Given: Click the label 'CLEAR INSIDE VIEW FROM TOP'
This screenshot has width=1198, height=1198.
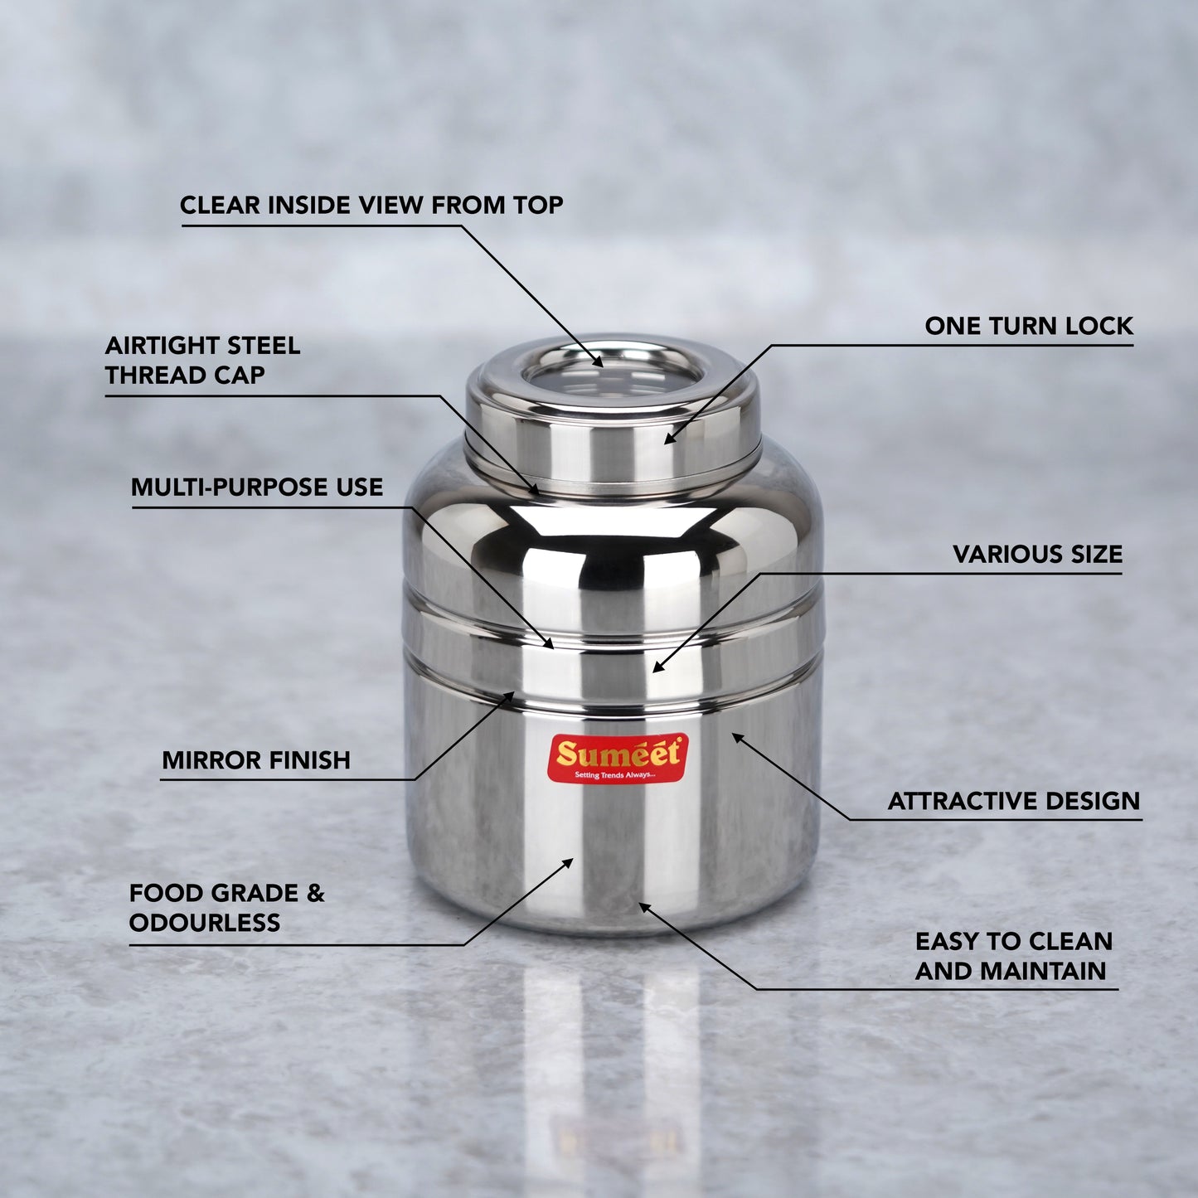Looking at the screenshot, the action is [x=371, y=205].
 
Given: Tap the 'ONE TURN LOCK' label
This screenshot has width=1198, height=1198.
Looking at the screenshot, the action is [x=1029, y=327].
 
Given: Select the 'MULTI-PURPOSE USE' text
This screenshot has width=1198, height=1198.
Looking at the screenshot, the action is [x=257, y=487].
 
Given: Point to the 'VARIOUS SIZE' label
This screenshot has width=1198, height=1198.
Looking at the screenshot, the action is [x=1038, y=554].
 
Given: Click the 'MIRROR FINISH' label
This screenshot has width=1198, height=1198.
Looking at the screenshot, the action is [x=256, y=760].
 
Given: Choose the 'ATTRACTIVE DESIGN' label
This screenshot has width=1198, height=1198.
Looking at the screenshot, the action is [x=1014, y=801].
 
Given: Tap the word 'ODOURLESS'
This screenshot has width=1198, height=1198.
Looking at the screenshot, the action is [x=205, y=923].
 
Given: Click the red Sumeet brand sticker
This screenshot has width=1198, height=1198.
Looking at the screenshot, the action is [x=618, y=758].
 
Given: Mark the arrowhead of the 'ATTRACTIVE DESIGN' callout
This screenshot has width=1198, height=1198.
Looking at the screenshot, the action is [x=738, y=738].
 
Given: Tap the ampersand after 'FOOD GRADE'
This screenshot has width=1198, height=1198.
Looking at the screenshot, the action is [x=315, y=894].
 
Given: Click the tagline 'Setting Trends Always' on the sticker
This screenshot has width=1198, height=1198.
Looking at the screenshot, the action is [x=614, y=774].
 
